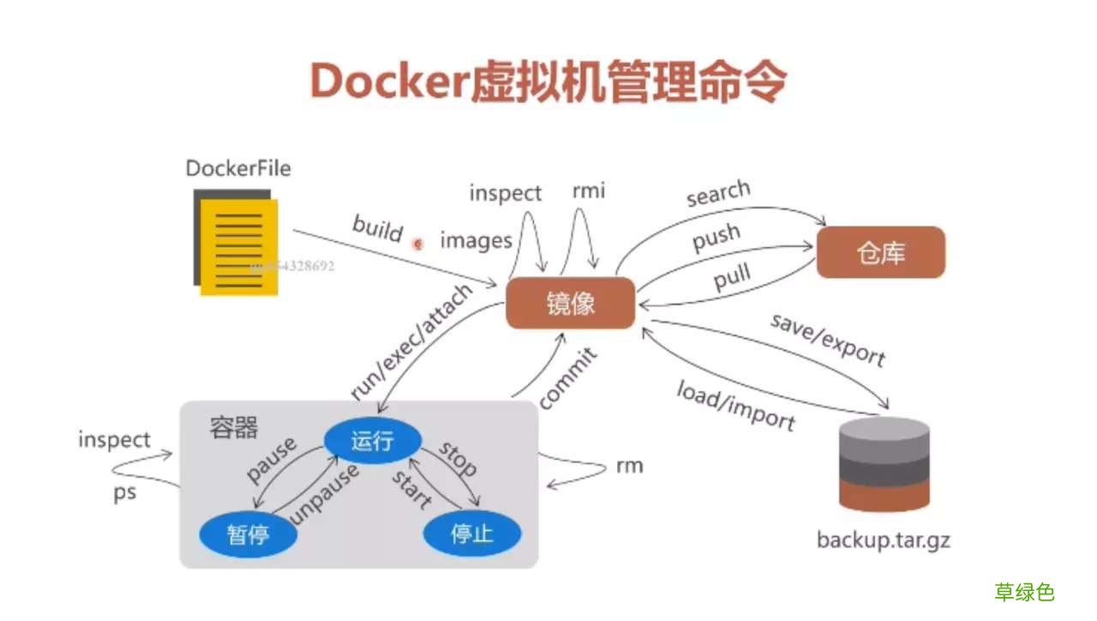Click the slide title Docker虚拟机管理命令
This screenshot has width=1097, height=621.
[x=548, y=82]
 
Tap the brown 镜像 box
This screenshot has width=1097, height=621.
[x=570, y=304]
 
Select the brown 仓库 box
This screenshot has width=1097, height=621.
[x=880, y=252]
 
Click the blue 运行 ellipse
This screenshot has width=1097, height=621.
[x=372, y=441]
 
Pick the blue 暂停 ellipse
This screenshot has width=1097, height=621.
[x=249, y=534]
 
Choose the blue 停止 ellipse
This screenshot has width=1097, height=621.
[x=472, y=534]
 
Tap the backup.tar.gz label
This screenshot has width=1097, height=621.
[x=884, y=540]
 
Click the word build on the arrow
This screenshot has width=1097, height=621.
[x=377, y=229]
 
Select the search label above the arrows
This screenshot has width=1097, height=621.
[x=718, y=194]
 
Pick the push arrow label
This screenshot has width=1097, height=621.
[x=716, y=238]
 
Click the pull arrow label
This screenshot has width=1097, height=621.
[x=732, y=277]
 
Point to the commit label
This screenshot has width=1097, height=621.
[x=567, y=378]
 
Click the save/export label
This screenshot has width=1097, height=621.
[x=828, y=340]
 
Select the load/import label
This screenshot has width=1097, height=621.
[x=735, y=407]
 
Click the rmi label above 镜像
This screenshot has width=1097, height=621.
[x=588, y=190]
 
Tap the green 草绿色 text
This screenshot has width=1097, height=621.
[x=1024, y=592]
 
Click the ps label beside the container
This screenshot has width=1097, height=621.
[x=125, y=494]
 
